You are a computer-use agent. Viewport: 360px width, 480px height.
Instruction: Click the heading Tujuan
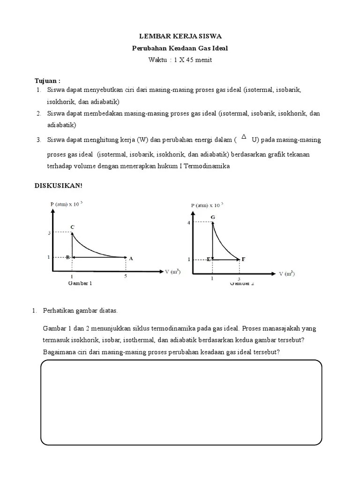point(48,80)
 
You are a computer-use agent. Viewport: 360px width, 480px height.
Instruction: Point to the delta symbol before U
point(243,137)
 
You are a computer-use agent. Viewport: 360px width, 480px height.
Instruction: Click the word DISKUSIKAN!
point(59,186)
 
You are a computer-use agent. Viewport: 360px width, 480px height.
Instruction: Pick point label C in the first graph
point(72,227)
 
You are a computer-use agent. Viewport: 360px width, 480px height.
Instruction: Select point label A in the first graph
point(131,258)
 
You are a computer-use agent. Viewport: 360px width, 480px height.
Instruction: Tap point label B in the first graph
point(67,257)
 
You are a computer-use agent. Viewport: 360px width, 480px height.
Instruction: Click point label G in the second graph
point(213,217)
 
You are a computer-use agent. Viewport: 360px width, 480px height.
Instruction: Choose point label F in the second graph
point(243,259)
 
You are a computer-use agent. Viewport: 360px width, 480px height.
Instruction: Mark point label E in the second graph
point(208,259)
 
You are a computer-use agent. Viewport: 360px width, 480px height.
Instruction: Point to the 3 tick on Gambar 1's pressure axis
point(49,233)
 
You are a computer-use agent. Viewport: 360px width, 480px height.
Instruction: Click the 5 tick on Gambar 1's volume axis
point(125,277)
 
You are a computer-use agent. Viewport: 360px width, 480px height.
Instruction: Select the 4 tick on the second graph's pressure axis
point(189,223)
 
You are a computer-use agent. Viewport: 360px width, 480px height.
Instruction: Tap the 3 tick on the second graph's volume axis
point(240,278)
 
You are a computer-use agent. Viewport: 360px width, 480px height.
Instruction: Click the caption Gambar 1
point(80,283)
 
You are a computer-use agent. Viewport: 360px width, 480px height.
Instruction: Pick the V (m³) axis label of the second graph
point(287,273)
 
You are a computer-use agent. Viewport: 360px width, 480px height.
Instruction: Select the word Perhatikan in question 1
point(59,310)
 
